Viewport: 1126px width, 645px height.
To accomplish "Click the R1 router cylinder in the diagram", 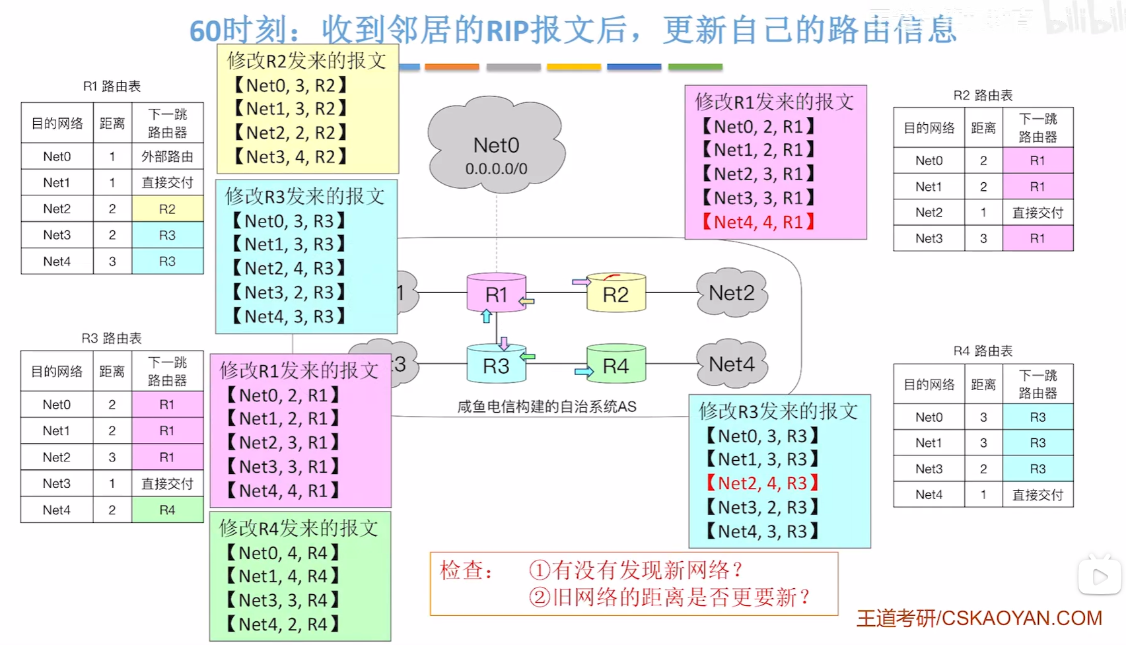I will coord(496,294).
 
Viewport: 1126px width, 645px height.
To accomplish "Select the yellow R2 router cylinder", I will coord(616,294).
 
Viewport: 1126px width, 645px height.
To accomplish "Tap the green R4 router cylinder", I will coord(616,365).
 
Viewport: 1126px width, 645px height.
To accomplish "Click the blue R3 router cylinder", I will coord(496,365).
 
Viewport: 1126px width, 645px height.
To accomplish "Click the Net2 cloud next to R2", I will coord(732,292).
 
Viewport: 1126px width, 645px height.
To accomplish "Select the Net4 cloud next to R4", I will coord(732,364).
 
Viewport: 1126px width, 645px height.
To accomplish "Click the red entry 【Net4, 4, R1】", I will coord(758,222).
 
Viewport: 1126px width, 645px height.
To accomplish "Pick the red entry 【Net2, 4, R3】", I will coord(762,483).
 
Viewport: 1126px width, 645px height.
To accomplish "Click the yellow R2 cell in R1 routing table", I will coord(167,209).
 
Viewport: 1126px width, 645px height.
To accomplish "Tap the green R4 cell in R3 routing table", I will coord(167,510).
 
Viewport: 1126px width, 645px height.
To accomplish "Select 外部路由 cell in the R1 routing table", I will coord(167,156).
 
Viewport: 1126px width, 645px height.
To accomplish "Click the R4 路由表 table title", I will coord(983,351).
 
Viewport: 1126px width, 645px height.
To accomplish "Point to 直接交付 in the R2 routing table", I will coord(1038,213).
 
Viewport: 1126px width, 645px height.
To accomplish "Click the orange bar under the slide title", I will coord(452,67).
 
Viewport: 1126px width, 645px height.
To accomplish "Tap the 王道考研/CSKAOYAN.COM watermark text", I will coord(979,618).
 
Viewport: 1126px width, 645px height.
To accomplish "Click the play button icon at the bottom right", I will coord(1100,577).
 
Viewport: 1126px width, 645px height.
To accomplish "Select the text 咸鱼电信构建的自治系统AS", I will coord(547,407).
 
